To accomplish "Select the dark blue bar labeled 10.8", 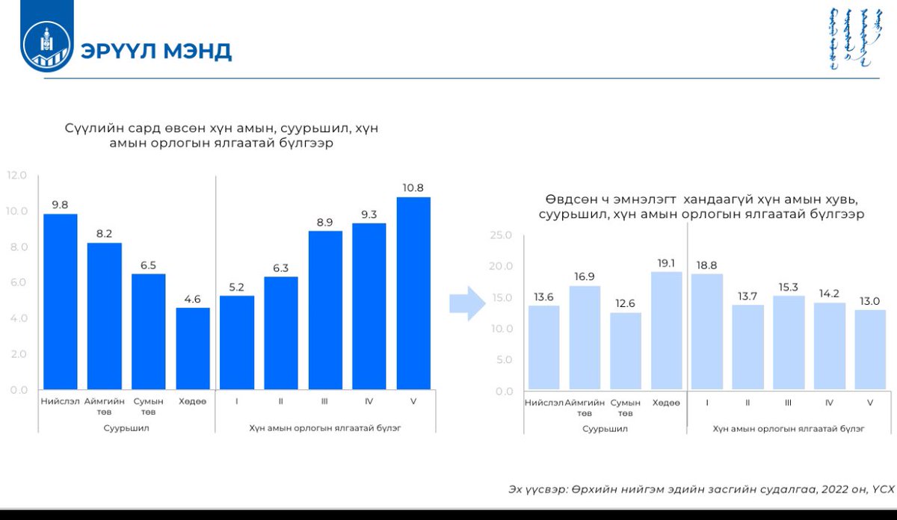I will (413, 293).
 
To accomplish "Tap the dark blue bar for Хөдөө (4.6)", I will (193, 348).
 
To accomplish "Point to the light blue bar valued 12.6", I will (625, 350).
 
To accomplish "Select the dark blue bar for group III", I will (325, 310).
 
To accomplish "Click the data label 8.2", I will (104, 234).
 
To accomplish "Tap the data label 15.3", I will (788, 287).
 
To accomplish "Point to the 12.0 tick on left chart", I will (16, 176).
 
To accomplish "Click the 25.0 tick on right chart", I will (500, 235).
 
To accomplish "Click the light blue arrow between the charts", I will (467, 303).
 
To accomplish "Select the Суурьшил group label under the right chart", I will (605, 429).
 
